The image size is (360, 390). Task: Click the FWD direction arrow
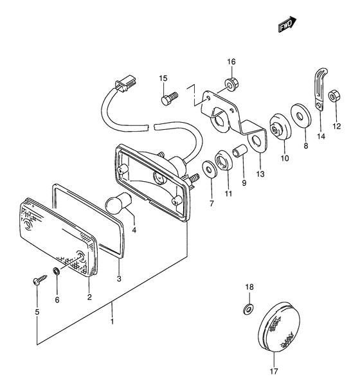pyautogui.click(x=287, y=24)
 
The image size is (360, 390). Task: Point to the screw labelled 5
pyautogui.click(x=39, y=279)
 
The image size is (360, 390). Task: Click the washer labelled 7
pyautogui.click(x=209, y=170)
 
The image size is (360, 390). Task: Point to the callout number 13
pyautogui.click(x=260, y=173)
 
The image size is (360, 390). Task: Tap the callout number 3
pyautogui.click(x=119, y=279)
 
